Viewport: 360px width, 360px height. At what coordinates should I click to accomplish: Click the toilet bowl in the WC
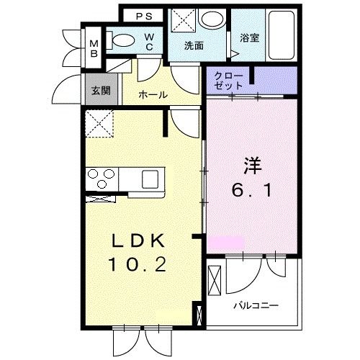(x=124, y=42)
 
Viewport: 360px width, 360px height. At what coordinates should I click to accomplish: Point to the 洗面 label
(x=194, y=45)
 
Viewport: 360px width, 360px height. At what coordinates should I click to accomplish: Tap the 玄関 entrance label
(x=99, y=91)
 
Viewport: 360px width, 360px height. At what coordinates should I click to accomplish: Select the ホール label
(x=153, y=94)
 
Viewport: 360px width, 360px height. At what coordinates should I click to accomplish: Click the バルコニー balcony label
(x=255, y=305)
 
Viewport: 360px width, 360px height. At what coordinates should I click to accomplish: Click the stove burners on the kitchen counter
(x=100, y=176)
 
